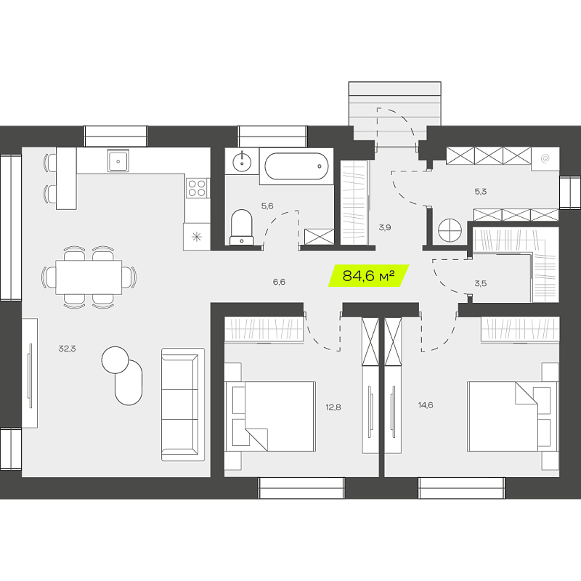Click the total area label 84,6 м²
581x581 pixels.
click(x=368, y=276)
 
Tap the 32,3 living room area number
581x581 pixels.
click(x=67, y=349)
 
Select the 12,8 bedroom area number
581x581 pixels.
click(x=333, y=407)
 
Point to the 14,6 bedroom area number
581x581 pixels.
click(x=426, y=405)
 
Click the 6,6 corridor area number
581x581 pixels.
click(x=279, y=282)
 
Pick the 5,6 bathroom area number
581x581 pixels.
click(x=267, y=206)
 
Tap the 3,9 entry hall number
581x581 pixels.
click(x=385, y=227)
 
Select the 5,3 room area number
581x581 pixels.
click(x=481, y=192)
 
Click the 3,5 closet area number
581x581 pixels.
click(x=481, y=283)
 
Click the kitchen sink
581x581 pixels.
click(x=118, y=161)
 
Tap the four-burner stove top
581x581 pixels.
click(x=197, y=188)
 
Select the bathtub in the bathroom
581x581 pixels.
click(x=296, y=166)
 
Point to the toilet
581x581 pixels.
click(x=242, y=227)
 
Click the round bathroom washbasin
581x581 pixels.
click(x=242, y=162)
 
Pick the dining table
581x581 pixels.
click(x=89, y=277)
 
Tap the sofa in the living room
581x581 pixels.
click(x=183, y=405)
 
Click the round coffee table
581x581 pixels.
click(x=115, y=359)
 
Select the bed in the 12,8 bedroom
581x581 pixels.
click(x=270, y=416)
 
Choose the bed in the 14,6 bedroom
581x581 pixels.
click(x=513, y=416)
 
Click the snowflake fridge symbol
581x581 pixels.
click(x=197, y=237)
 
